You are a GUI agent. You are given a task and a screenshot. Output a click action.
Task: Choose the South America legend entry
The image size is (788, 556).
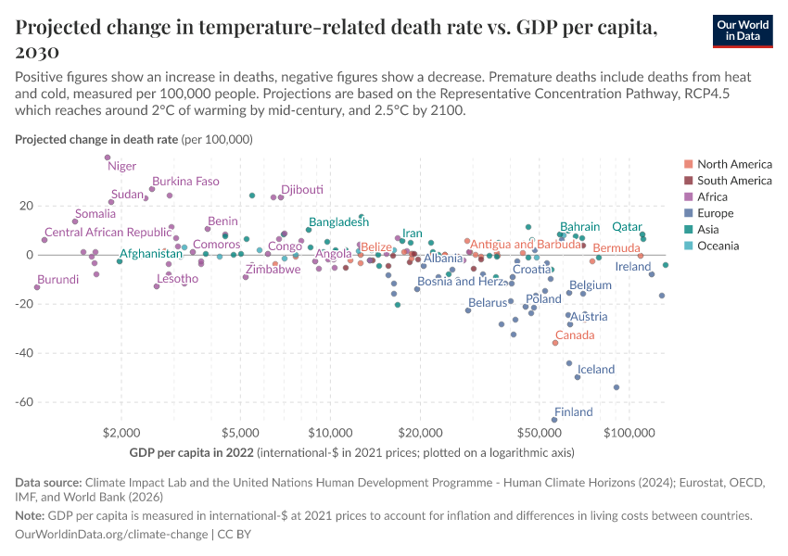[733, 181]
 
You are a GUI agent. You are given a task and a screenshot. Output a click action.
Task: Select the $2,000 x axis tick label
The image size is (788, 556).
[121, 433]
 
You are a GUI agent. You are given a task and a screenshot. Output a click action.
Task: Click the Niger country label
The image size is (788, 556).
[122, 167]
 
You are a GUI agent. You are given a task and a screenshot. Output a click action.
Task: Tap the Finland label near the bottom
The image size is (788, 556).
[574, 412]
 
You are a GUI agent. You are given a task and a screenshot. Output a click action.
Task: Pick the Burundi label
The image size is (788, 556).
[57, 279]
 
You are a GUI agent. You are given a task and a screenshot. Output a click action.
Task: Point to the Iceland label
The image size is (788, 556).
[596, 370]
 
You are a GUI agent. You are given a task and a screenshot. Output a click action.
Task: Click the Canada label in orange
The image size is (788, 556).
[575, 335]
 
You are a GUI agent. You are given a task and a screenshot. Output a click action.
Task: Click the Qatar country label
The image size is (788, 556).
[628, 227]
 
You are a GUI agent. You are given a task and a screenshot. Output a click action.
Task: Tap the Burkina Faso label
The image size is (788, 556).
[185, 182]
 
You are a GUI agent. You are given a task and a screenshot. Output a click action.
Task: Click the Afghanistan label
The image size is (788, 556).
[151, 254]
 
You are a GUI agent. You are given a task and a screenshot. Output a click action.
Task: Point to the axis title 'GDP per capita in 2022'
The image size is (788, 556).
[194, 453]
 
